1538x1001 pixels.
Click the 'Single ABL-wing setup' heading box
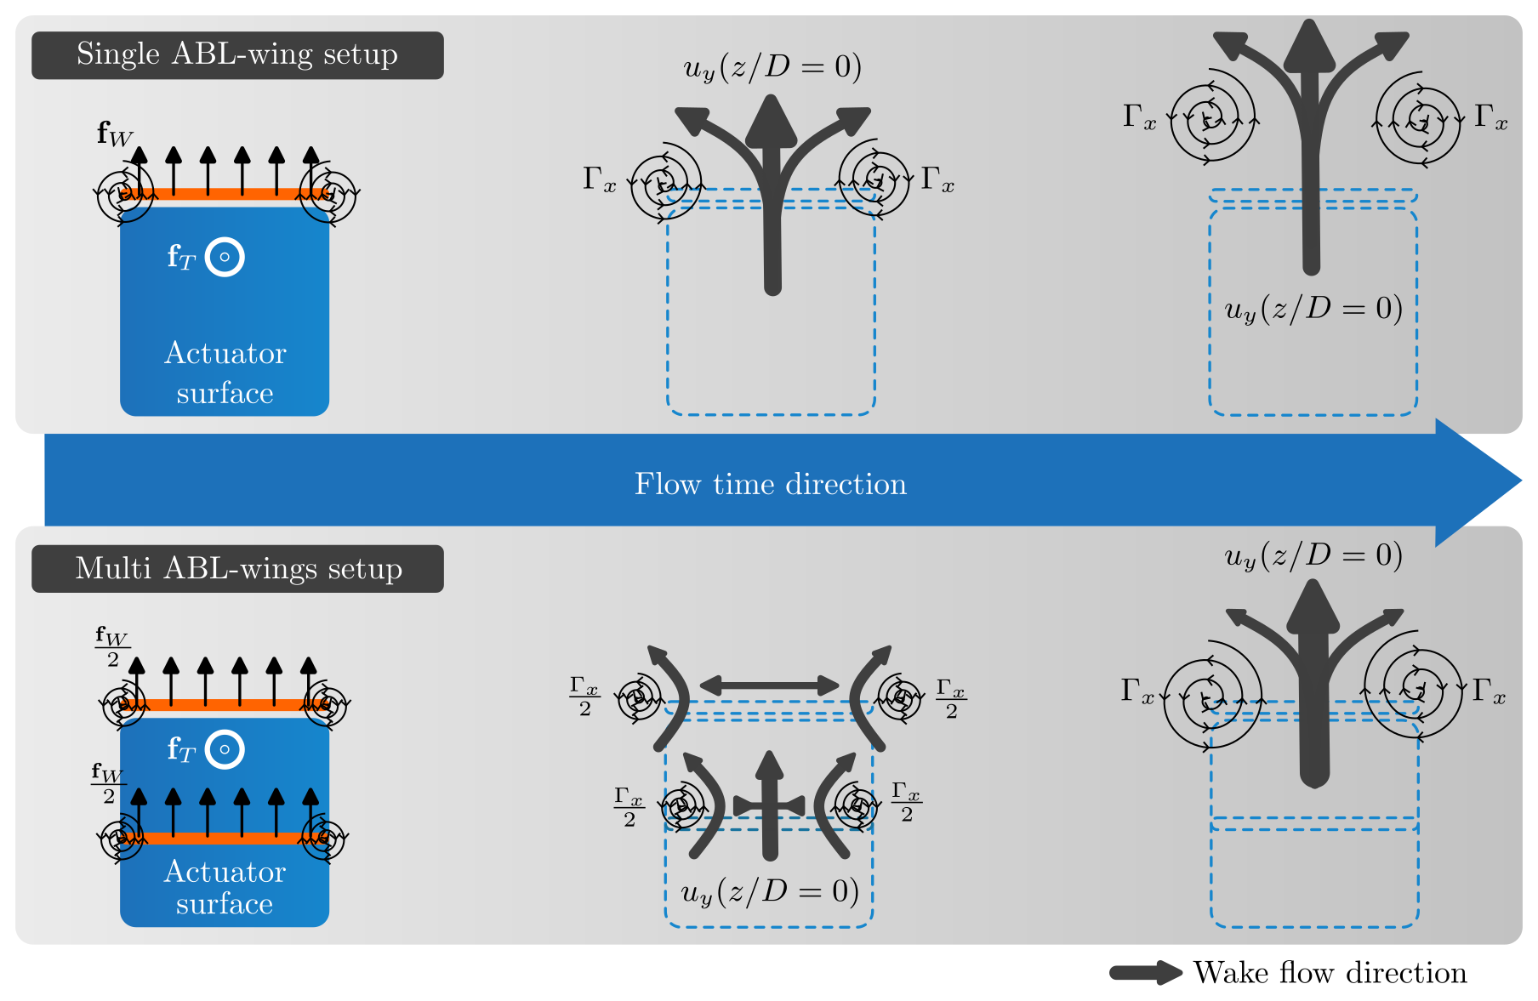(237, 55)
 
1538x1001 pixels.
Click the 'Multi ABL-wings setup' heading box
(237, 569)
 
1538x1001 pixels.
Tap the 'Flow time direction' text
(770, 484)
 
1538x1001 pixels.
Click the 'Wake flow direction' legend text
(1330, 973)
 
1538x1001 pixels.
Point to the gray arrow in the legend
(1145, 973)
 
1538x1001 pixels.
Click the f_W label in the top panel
(114, 134)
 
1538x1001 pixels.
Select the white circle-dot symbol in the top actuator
(225, 257)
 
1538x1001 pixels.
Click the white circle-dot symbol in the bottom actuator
(225, 749)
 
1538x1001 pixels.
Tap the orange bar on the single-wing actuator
(225, 194)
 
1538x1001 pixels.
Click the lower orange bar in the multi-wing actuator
(225, 839)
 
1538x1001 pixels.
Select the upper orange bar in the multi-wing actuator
(225, 704)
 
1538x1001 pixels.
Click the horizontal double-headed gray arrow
(769, 685)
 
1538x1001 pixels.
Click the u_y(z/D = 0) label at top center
(772, 67)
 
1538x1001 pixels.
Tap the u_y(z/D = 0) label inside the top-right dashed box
(1313, 309)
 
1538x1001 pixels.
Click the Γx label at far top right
(1490, 117)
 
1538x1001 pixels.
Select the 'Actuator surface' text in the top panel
(225, 373)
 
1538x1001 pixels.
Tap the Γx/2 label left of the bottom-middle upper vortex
(584, 697)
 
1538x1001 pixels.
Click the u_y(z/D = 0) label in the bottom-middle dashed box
(770, 891)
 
